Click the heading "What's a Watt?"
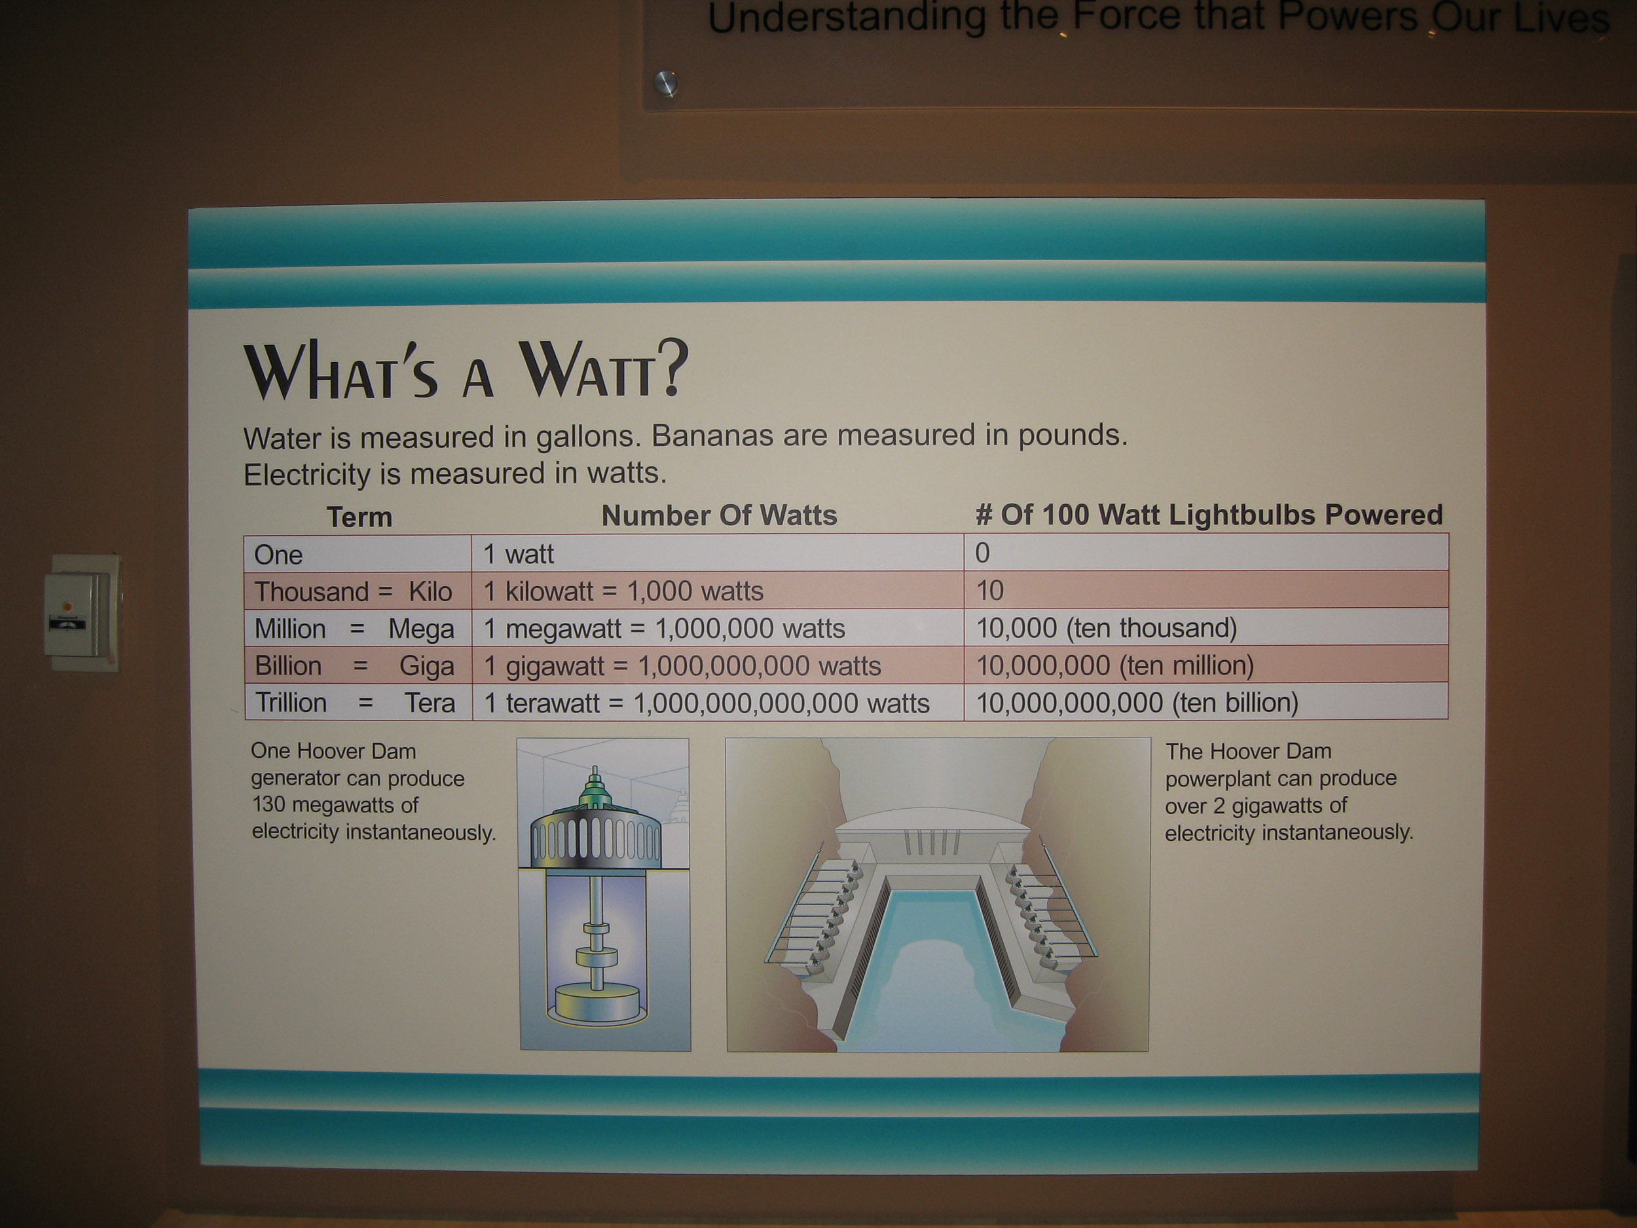[466, 370]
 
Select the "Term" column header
[359, 517]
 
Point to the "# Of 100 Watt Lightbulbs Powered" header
[1209, 514]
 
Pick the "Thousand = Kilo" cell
[358, 591]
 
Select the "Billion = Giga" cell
[358, 665]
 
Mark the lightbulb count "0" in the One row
[982, 553]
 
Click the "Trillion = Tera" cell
[358, 703]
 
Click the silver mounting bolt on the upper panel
[666, 83]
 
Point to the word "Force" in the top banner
[1126, 16]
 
